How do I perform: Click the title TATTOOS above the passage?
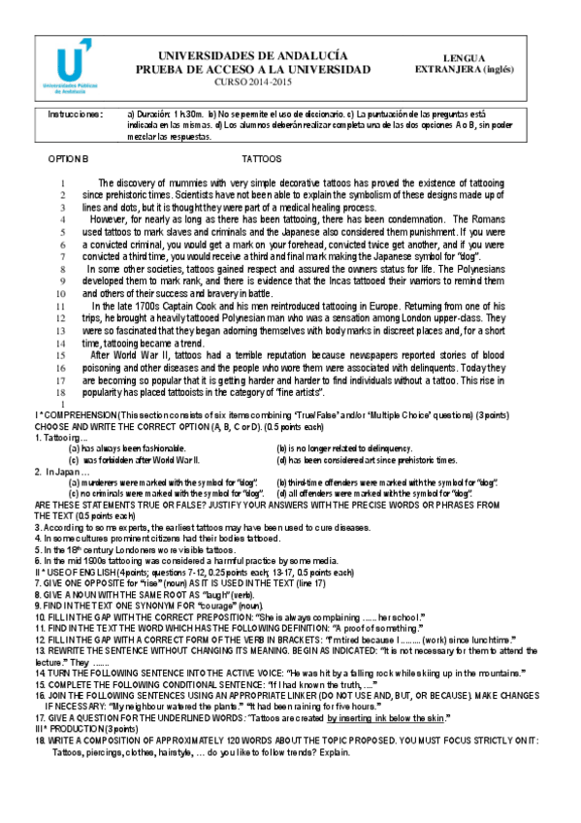(262, 157)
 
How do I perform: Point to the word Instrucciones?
(75, 115)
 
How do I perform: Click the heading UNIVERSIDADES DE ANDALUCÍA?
(252, 56)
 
